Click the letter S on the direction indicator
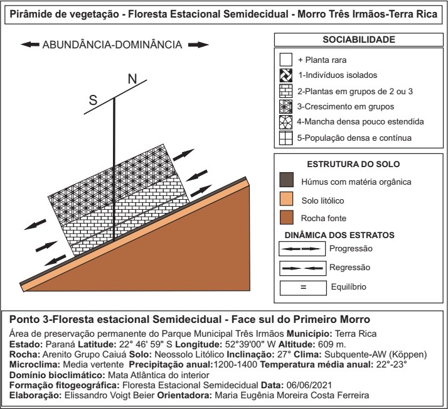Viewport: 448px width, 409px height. (93, 101)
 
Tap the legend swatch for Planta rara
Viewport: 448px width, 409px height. (286, 60)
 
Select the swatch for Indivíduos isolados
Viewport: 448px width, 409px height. (286, 76)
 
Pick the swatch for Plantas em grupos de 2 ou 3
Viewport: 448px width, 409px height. (286, 92)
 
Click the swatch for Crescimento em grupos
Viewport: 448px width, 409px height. (286, 107)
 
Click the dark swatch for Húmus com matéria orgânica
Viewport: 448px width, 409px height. (286, 181)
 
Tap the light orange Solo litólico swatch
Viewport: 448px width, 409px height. (286, 200)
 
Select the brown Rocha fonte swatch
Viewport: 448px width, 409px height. (286, 219)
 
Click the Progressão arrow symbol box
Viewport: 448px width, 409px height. (302, 249)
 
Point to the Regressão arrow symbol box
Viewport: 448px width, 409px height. (302, 268)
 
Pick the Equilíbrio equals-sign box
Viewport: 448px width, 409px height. (302, 287)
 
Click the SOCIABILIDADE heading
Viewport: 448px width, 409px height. (358, 40)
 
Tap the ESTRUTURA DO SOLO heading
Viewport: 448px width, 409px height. (358, 165)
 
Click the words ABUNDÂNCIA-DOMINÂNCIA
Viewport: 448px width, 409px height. (112, 45)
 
